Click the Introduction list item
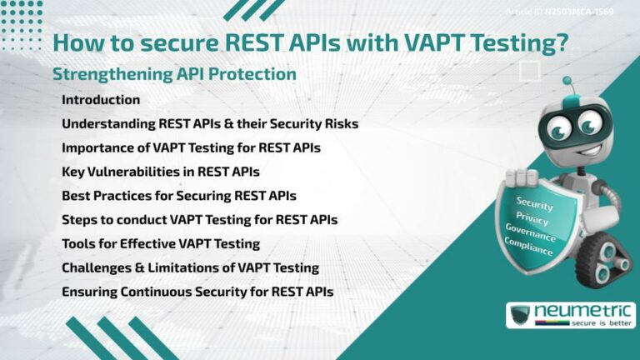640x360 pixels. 101,100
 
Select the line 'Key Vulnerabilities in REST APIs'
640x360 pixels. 161,172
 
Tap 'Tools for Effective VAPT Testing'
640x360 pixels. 161,244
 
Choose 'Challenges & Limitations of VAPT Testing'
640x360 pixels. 190,268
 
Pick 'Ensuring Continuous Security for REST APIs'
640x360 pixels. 197,292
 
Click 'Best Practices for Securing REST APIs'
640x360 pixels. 179,197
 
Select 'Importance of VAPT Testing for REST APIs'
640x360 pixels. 191,148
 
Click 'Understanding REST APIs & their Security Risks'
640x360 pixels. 210,124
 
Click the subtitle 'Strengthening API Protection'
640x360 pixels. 174,74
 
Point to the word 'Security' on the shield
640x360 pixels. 534,202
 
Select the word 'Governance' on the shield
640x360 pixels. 530,231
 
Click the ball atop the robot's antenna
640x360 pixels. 567,82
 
